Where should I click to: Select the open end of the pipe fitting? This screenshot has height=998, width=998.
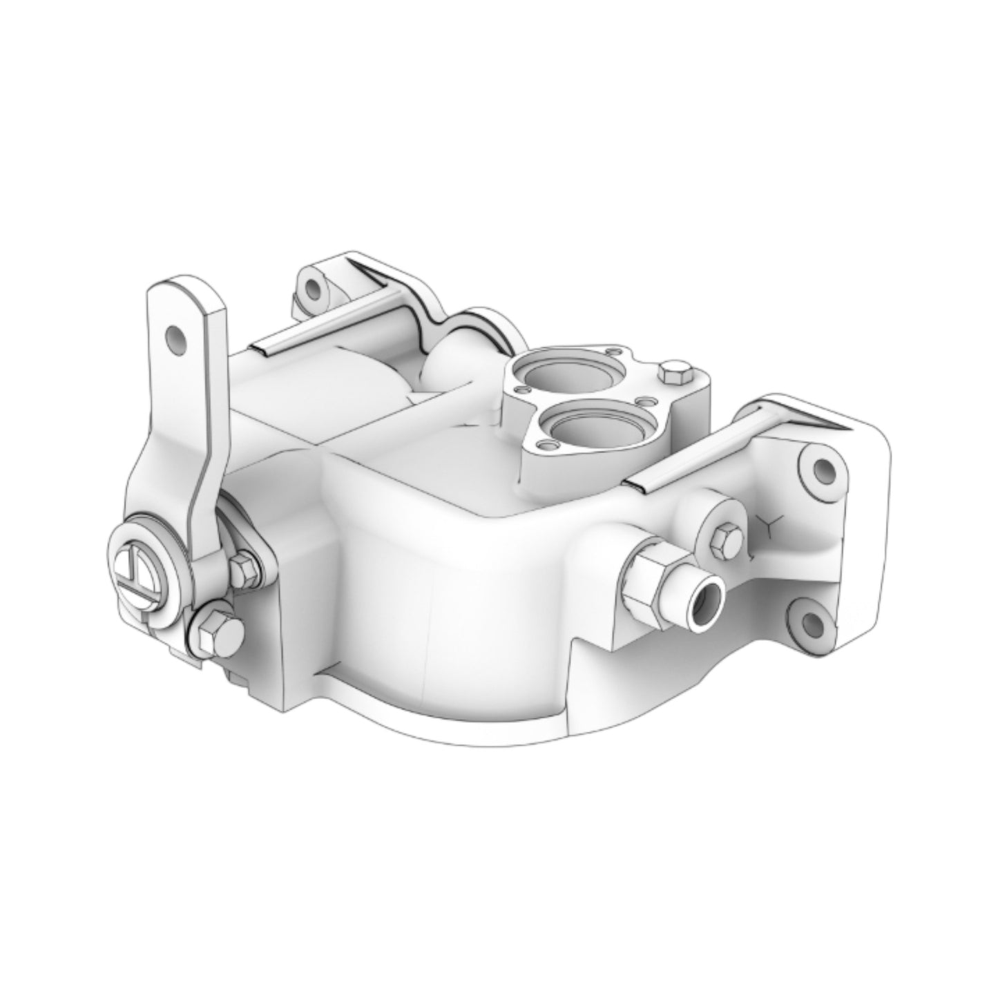(705, 595)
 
